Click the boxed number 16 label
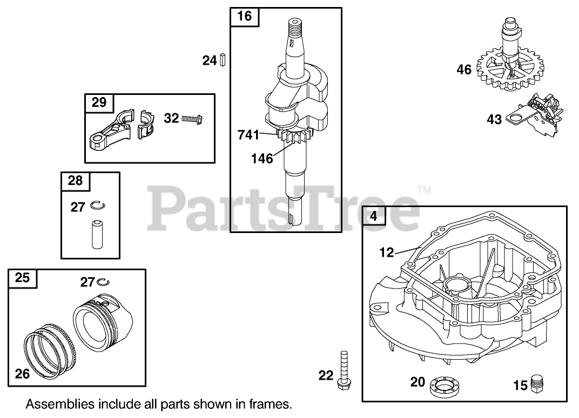click(245, 16)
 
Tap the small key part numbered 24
click(222, 60)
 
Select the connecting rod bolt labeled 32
click(192, 118)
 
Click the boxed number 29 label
click(99, 102)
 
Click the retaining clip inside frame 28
click(98, 205)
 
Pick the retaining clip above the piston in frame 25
click(104, 282)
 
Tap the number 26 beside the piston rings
click(22, 373)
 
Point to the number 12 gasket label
click(386, 251)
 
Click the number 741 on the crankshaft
click(248, 135)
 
